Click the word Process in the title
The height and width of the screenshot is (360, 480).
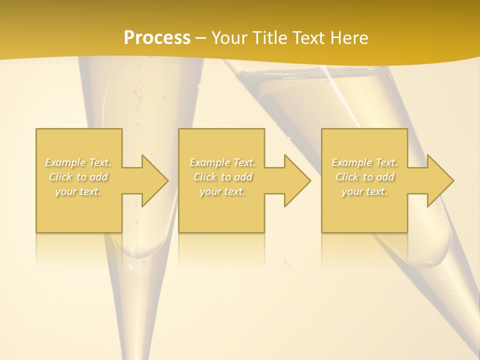click(x=157, y=38)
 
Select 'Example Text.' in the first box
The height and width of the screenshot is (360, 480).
click(x=78, y=162)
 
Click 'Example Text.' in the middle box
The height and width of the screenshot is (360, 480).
click(x=222, y=162)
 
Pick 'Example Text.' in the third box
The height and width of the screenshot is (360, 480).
click(x=364, y=162)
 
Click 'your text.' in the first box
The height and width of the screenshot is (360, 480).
click(x=78, y=191)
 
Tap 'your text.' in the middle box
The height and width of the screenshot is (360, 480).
click(x=222, y=191)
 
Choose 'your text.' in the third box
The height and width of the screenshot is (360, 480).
click(x=364, y=191)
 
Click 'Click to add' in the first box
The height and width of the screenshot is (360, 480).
click(x=78, y=177)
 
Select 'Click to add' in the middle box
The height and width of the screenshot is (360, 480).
click(x=222, y=177)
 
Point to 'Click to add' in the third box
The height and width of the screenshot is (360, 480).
click(x=364, y=177)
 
